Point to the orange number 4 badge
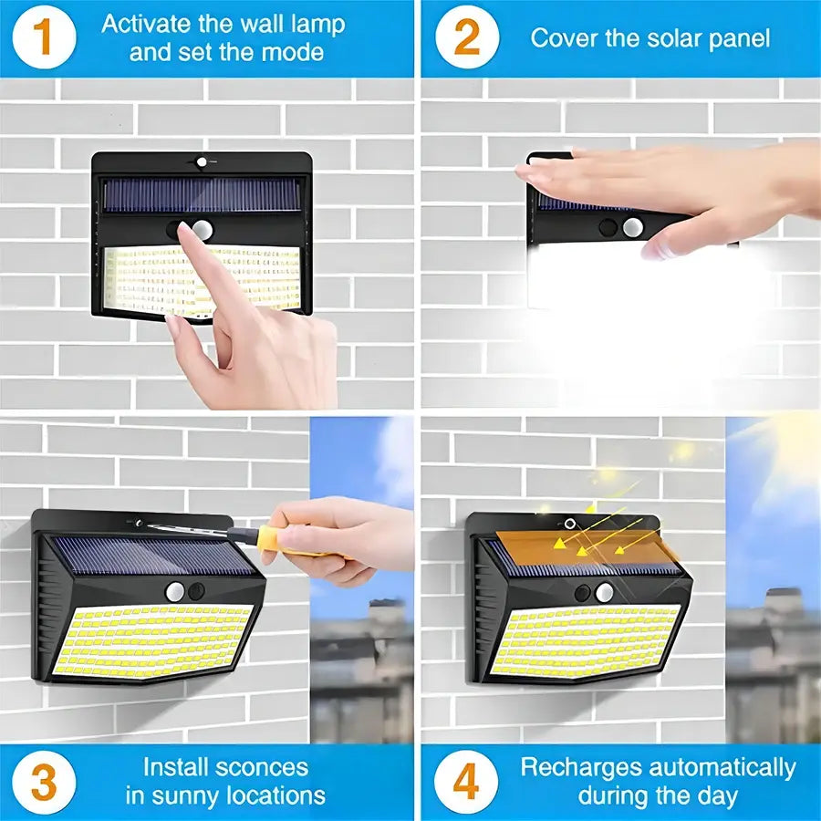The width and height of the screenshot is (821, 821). [466, 782]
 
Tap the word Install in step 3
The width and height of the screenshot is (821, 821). [178, 767]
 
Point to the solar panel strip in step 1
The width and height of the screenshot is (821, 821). [201, 194]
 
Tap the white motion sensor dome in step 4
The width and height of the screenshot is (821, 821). [604, 593]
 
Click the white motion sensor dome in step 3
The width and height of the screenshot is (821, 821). [175, 591]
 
